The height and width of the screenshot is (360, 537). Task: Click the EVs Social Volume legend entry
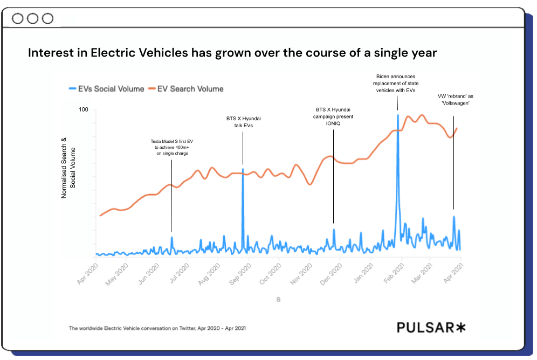[x=107, y=88]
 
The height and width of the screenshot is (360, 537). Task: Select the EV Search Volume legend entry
[x=187, y=88]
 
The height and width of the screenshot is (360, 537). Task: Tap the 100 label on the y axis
[x=84, y=110]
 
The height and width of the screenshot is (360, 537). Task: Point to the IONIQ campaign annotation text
[x=333, y=116]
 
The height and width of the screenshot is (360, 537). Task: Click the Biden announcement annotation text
[x=397, y=84]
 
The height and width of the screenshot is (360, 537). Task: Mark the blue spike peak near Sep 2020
[x=243, y=169]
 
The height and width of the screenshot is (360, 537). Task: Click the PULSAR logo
[x=431, y=327]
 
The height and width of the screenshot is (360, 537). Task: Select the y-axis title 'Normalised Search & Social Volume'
[x=68, y=168]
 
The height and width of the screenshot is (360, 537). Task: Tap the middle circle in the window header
[x=33, y=19]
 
